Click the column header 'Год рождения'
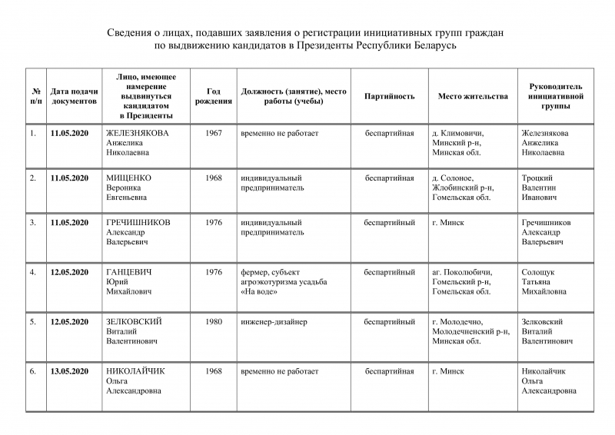(x=214, y=96)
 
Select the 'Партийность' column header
(x=390, y=96)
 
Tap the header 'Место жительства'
(x=473, y=96)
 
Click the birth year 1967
(x=214, y=133)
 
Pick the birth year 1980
(x=214, y=322)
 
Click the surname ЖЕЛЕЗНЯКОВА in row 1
(x=138, y=133)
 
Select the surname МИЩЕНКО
(x=128, y=178)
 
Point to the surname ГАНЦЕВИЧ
(x=129, y=272)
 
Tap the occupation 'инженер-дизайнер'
(x=274, y=322)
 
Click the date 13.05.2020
(x=70, y=371)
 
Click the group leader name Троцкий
(x=537, y=178)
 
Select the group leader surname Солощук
(x=538, y=272)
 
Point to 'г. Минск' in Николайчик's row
(x=448, y=371)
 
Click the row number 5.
(x=32, y=322)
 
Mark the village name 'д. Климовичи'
(x=458, y=133)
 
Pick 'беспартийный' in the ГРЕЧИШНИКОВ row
(x=390, y=223)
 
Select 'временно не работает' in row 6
(x=279, y=371)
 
